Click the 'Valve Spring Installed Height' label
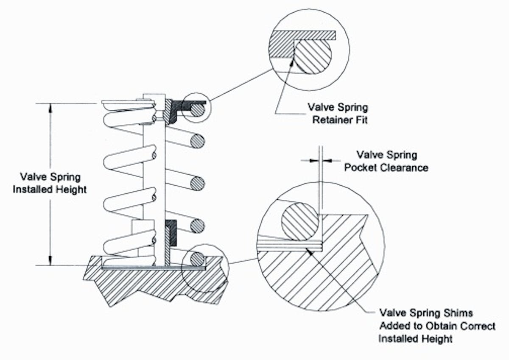50,183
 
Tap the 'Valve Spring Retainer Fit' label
340,113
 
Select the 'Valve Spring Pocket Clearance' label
386,161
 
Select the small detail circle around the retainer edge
196,108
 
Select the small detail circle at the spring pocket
204,268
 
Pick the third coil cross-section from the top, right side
197,183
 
